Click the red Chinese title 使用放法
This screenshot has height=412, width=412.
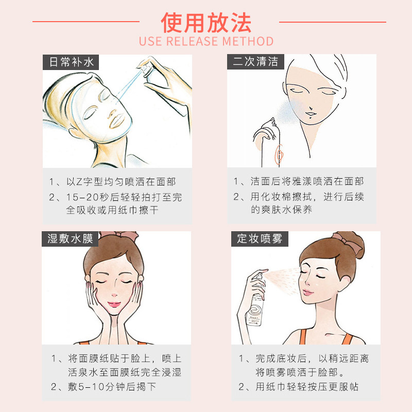pyautogui.click(x=206, y=22)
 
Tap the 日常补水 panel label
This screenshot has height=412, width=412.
pyautogui.click(x=72, y=62)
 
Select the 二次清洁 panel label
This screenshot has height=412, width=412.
pyautogui.click(x=255, y=62)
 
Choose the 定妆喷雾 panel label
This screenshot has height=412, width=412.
pyautogui.click(x=260, y=239)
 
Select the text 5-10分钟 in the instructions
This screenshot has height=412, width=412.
pyautogui.click(x=93, y=387)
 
